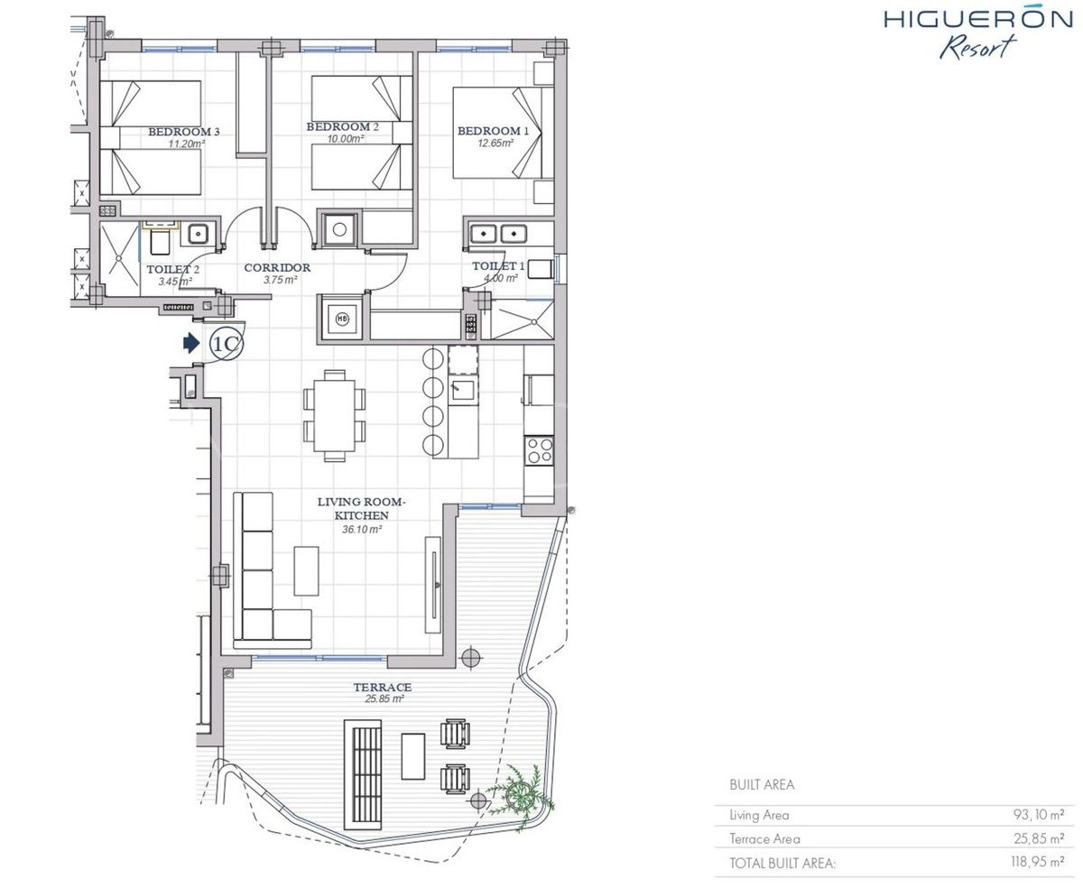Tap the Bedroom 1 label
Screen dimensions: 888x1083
pos(488,131)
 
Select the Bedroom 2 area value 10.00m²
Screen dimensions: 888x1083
pos(344,139)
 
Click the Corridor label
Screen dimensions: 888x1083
pos(277,267)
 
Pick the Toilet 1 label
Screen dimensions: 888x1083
pos(498,266)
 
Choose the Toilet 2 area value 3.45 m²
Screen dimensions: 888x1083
pos(174,282)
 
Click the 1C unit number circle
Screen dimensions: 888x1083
pos(226,343)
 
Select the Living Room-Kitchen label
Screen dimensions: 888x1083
pos(352,508)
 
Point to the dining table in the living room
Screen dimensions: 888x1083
pos(334,416)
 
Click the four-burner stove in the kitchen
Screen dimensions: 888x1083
pos(540,449)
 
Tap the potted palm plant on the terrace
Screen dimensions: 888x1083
pos(520,792)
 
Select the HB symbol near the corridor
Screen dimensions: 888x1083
pos(342,318)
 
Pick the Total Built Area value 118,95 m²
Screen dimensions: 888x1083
pos(1037,863)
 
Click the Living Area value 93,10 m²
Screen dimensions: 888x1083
pos(1038,815)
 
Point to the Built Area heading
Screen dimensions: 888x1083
pos(762,785)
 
